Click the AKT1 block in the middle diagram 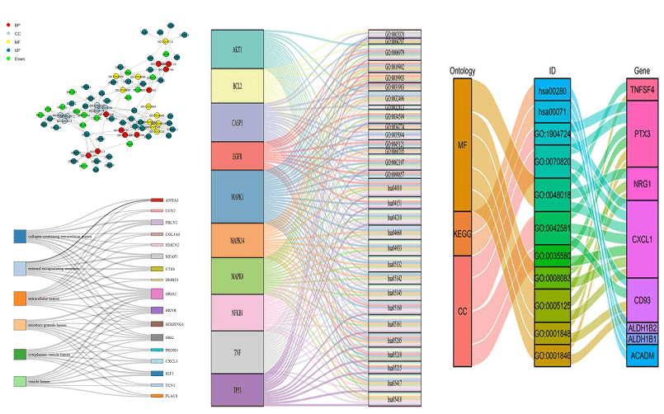[237, 49]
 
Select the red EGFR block [237, 155]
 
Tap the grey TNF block [237, 351]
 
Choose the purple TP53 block [237, 390]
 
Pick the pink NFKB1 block [237, 313]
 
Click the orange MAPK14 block [237, 239]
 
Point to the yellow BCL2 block [237, 85]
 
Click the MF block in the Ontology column [462, 145]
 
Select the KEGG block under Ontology [462, 233]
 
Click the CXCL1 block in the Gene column [643, 239]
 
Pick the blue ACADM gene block [643, 355]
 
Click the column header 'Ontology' [462, 70]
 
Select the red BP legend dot [7, 26]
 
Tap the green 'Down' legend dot [7, 59]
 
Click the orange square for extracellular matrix [21, 297]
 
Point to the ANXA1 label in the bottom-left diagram [172, 200]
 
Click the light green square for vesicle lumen [21, 381]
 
